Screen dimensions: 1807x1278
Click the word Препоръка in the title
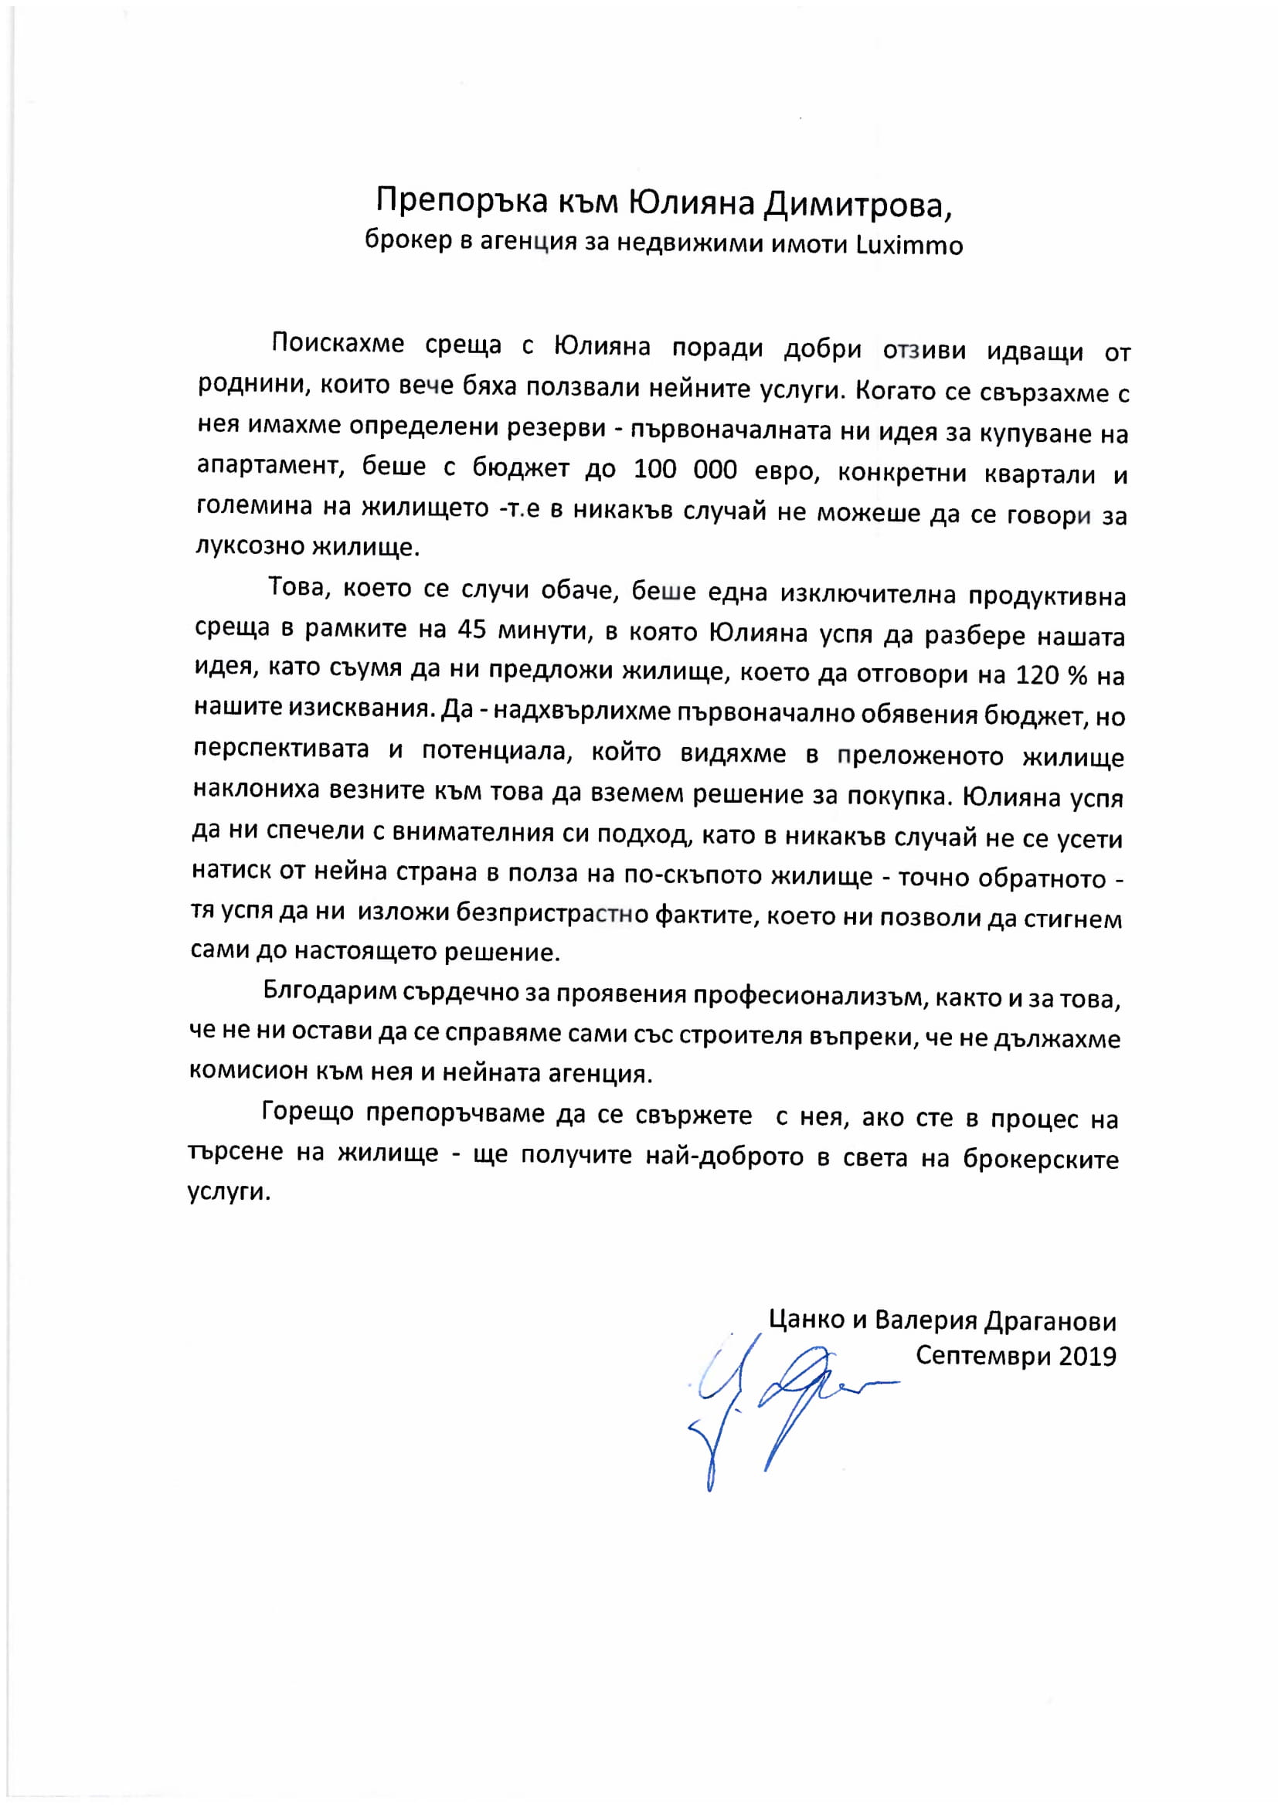(461, 202)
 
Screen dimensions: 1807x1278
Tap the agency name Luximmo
(909, 246)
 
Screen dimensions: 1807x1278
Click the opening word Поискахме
(338, 343)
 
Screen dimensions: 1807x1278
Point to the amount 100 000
(685, 470)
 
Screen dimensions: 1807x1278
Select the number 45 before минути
(472, 629)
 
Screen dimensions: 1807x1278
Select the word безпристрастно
(552, 913)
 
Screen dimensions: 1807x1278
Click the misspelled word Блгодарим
(330, 991)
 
